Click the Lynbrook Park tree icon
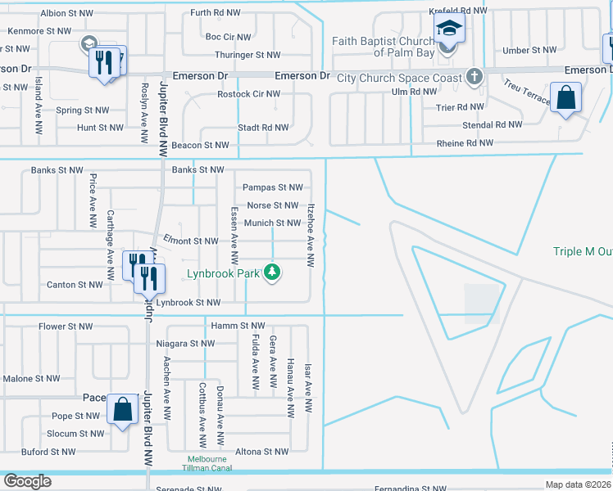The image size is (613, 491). pos(273,273)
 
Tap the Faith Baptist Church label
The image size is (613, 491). pos(383,47)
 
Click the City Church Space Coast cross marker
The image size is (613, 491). pos(474,78)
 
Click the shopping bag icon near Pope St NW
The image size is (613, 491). pos(122,409)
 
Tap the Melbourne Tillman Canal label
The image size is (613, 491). pos(207,464)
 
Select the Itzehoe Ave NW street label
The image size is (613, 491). pos(311,235)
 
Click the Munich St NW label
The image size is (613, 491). pos(271,223)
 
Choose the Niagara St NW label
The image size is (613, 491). pos(184,344)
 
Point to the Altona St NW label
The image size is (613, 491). pos(261,452)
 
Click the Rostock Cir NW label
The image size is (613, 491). pos(248,94)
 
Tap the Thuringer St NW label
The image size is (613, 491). pos(247,55)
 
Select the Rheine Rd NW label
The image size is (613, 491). pos(463,142)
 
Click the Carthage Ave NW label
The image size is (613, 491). pos(109,237)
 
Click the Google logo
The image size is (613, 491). pos(27,481)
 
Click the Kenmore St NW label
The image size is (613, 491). pos(39,31)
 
